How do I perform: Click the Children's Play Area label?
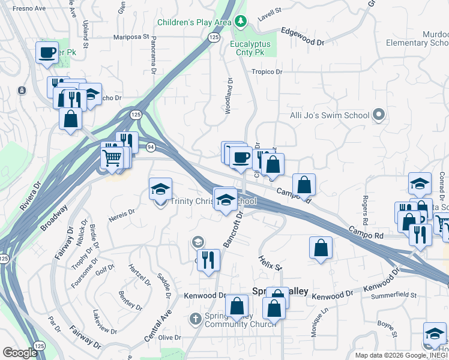tap(194, 23)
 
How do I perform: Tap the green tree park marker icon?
tap(241, 22)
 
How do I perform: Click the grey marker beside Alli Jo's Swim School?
tap(378, 114)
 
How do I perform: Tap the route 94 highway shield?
tap(149, 146)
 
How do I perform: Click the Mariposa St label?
tap(131, 37)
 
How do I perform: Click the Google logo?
tap(20, 353)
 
